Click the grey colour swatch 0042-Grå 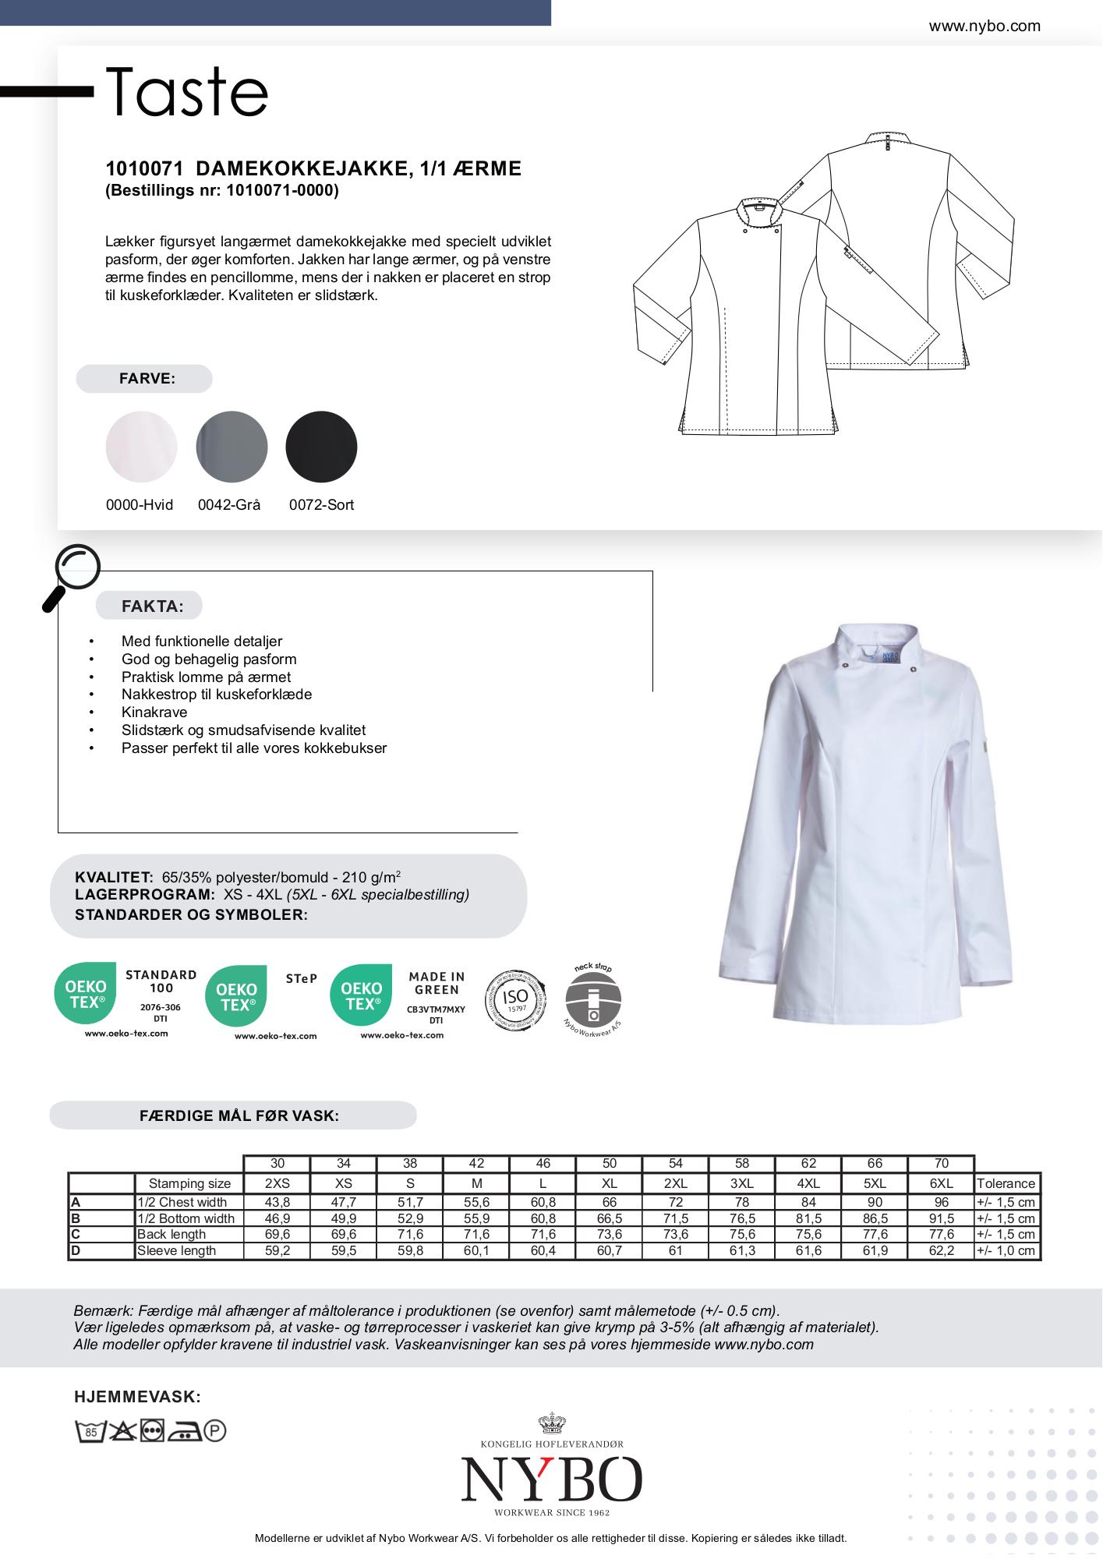pyautogui.click(x=232, y=447)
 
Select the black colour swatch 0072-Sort pyautogui.click(x=321, y=447)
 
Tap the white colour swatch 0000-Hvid pyautogui.click(x=141, y=447)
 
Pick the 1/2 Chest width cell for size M pyautogui.click(x=476, y=1203)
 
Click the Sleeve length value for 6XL pyautogui.click(x=941, y=1251)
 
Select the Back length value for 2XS pyautogui.click(x=278, y=1235)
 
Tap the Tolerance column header pyautogui.click(x=1006, y=1183)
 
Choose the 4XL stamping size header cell pyautogui.click(x=808, y=1183)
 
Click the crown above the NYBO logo pyautogui.click(x=551, y=1424)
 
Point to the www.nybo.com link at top pyautogui.click(x=984, y=26)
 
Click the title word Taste pyautogui.click(x=187, y=92)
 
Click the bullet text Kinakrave pyautogui.click(x=154, y=712)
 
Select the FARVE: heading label pyautogui.click(x=147, y=379)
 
